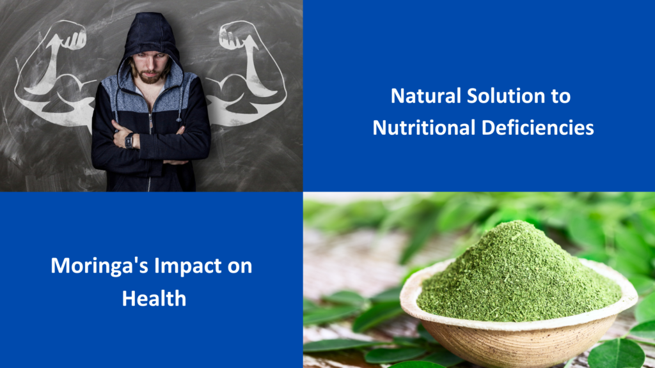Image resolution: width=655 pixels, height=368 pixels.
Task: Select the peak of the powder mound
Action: pos(517,225)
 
